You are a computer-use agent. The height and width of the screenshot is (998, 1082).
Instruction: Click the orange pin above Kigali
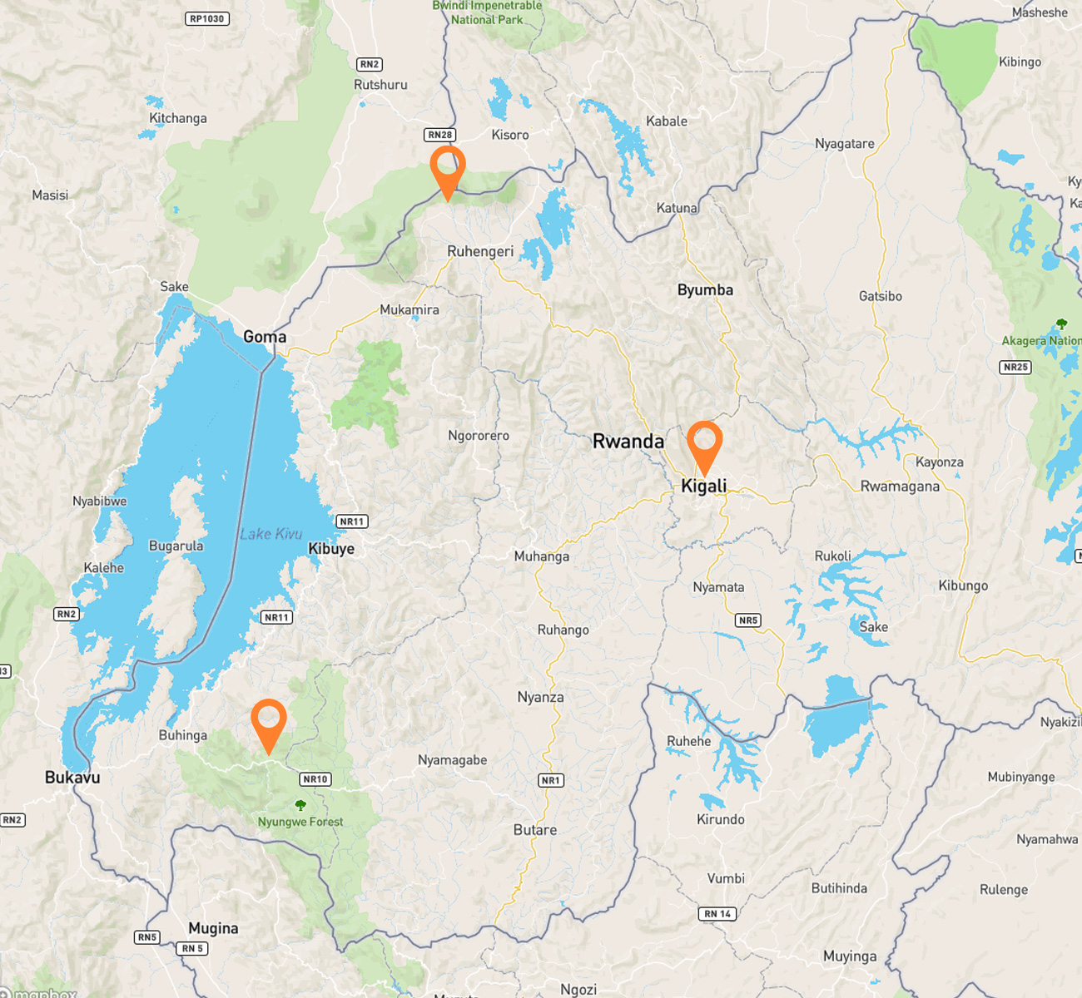704,442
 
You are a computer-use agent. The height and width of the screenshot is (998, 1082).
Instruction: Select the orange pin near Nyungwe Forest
269,720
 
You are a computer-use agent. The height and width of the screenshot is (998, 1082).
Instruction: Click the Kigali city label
704,486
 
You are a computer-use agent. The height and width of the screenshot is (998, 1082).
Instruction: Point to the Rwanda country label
628,442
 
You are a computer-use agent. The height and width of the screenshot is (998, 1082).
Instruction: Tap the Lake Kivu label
271,534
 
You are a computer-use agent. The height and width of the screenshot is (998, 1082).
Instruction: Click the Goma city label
265,337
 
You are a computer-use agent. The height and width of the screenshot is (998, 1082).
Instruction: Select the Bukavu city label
72,778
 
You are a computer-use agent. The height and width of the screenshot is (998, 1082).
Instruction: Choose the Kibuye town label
331,549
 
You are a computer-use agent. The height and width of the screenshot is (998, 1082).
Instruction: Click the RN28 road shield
439,135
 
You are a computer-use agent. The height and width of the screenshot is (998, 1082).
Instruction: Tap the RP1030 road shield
207,18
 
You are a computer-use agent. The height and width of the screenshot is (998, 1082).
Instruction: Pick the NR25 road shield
1015,367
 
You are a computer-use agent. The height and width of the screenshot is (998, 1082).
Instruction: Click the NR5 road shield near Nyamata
748,620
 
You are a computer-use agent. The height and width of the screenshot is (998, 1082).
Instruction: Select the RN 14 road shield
717,914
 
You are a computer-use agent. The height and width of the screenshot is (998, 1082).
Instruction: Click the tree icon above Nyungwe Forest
300,804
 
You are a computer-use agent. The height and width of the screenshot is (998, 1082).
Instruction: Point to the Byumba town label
705,290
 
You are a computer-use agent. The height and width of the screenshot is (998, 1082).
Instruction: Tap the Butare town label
535,830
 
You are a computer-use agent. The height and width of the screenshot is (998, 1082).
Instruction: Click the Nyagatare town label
845,144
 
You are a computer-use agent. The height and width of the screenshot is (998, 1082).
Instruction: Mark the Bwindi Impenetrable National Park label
487,12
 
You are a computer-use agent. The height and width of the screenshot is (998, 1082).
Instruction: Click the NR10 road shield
315,779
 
